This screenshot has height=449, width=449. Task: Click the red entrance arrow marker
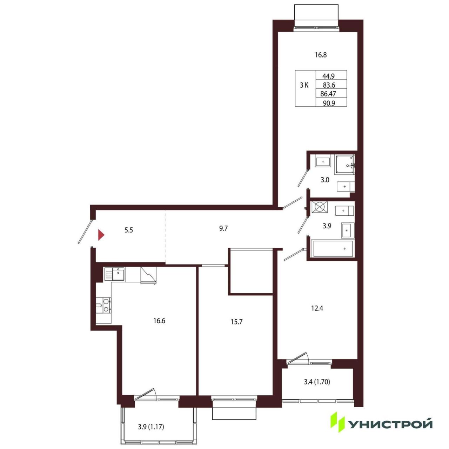point(101,235)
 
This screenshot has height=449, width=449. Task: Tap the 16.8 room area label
point(321,55)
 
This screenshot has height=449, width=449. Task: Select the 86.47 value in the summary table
point(328,94)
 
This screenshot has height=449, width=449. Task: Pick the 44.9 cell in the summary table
point(329,76)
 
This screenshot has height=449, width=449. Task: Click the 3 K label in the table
point(304,86)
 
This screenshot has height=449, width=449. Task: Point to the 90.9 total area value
point(329,103)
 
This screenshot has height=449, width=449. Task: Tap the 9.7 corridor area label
point(223,228)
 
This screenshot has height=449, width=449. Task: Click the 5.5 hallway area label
point(129,230)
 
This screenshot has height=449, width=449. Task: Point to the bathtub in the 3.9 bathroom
point(333,249)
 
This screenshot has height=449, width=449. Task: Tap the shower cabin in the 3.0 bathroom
point(344,165)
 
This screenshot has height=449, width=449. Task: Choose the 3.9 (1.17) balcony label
point(151,427)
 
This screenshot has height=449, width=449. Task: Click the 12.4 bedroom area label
point(317,308)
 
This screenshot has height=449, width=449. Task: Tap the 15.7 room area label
point(236,322)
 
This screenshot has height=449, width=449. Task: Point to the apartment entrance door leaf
point(85,232)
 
